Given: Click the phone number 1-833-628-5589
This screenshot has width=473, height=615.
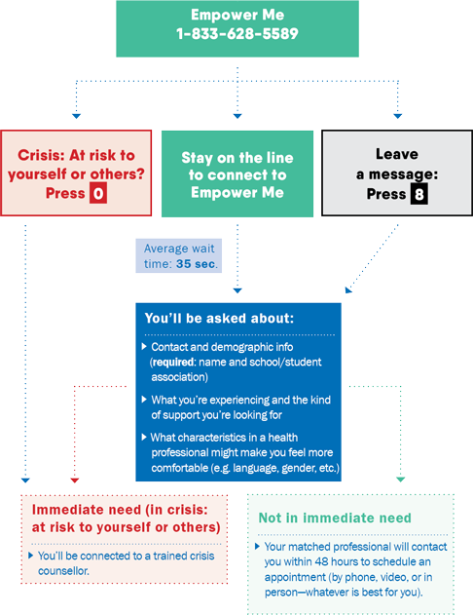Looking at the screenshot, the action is [237, 34].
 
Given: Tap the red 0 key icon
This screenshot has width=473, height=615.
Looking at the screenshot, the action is [98, 194].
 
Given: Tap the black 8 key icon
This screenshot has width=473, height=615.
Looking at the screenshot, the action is [418, 194].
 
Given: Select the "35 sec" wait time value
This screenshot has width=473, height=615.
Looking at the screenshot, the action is [196, 264].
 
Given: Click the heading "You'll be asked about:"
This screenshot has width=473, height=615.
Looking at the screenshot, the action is [219, 318].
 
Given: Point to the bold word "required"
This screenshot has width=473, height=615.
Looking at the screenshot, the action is [173, 362].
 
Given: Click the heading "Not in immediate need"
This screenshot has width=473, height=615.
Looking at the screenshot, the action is [335, 518].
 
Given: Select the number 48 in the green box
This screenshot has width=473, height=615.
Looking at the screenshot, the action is [321, 561].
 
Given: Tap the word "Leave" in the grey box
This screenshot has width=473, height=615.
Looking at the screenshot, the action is [397, 154].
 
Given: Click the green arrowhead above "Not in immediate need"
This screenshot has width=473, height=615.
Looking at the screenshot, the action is [401, 480].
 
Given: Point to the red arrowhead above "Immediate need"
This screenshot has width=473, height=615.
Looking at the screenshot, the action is [75, 480].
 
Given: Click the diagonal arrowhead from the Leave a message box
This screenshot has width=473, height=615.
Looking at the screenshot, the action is [348, 290].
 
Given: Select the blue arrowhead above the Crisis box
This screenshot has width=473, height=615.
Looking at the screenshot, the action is [76, 116].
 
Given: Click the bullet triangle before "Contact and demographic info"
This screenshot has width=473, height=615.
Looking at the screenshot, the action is [144, 346].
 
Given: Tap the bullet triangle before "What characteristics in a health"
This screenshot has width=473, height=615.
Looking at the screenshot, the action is [144, 437].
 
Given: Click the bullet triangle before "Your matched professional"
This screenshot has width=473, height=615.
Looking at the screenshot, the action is [257, 546].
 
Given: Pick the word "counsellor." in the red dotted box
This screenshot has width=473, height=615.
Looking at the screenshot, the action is [63, 571].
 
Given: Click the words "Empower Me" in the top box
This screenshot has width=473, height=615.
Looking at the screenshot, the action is [237, 15].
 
